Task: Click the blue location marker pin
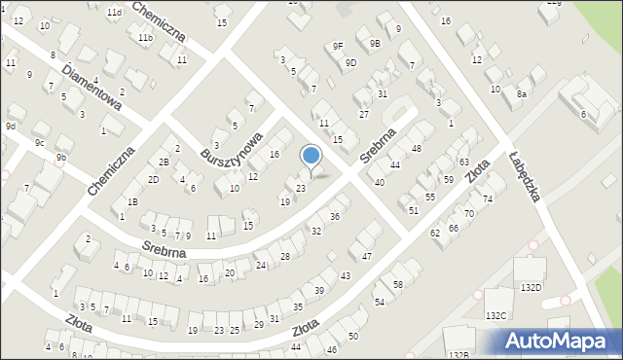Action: point(311,157)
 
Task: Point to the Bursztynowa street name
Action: point(232,147)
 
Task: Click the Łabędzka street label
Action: point(524,175)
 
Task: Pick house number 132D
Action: point(531,287)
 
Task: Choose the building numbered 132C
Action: point(496,315)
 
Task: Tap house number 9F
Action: point(338,46)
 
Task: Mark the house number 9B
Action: point(375,44)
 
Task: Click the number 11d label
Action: point(114,12)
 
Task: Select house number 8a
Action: point(522,93)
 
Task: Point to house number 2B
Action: point(165,162)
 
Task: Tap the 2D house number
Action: point(153,180)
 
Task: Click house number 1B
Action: point(132,201)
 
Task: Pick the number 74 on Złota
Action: point(488,198)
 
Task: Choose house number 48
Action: point(416,148)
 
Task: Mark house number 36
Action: point(334,216)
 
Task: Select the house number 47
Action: point(366,256)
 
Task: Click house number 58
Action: point(398,284)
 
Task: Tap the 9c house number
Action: point(40,143)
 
